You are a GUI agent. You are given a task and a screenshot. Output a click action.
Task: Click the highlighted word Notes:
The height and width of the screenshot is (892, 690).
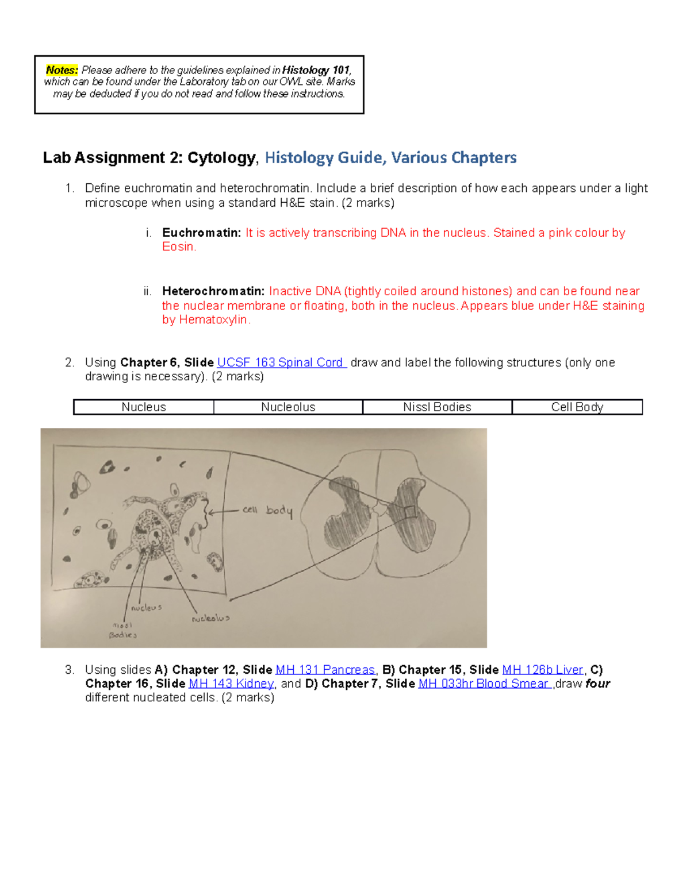(x=62, y=70)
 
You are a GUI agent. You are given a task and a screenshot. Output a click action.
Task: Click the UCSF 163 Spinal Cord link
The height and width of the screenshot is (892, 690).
(x=280, y=362)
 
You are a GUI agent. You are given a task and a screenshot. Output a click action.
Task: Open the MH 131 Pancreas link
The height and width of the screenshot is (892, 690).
(x=325, y=670)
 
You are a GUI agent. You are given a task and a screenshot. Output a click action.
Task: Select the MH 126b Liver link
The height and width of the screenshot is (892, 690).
(x=543, y=670)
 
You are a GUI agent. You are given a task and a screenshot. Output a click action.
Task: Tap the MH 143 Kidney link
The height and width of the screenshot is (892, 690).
(x=231, y=684)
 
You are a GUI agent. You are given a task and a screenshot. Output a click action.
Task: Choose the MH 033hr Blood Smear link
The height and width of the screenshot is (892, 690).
(x=484, y=684)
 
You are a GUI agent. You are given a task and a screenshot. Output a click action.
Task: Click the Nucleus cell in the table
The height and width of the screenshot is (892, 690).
(x=144, y=407)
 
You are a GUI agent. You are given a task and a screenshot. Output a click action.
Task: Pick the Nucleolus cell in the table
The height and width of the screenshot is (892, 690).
(x=288, y=407)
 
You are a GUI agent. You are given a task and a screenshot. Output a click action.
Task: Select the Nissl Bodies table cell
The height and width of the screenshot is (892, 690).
(x=437, y=407)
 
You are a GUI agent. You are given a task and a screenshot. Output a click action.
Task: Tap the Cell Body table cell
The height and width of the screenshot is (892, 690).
(x=577, y=407)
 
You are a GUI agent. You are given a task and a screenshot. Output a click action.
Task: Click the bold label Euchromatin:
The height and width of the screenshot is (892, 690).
(x=201, y=233)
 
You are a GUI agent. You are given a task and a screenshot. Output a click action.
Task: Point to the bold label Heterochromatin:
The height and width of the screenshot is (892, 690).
(x=213, y=291)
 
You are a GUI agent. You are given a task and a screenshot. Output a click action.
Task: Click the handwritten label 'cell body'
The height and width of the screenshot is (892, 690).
(x=267, y=510)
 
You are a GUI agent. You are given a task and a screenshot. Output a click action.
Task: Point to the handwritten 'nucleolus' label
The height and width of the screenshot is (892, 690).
(x=210, y=619)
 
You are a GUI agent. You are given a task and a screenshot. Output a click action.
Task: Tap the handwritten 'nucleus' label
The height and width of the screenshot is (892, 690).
(x=147, y=608)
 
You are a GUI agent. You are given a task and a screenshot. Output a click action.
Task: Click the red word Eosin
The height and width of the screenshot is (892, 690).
(x=179, y=247)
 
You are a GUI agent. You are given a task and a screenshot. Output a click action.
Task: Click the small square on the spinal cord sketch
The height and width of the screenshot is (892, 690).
(x=409, y=512)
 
